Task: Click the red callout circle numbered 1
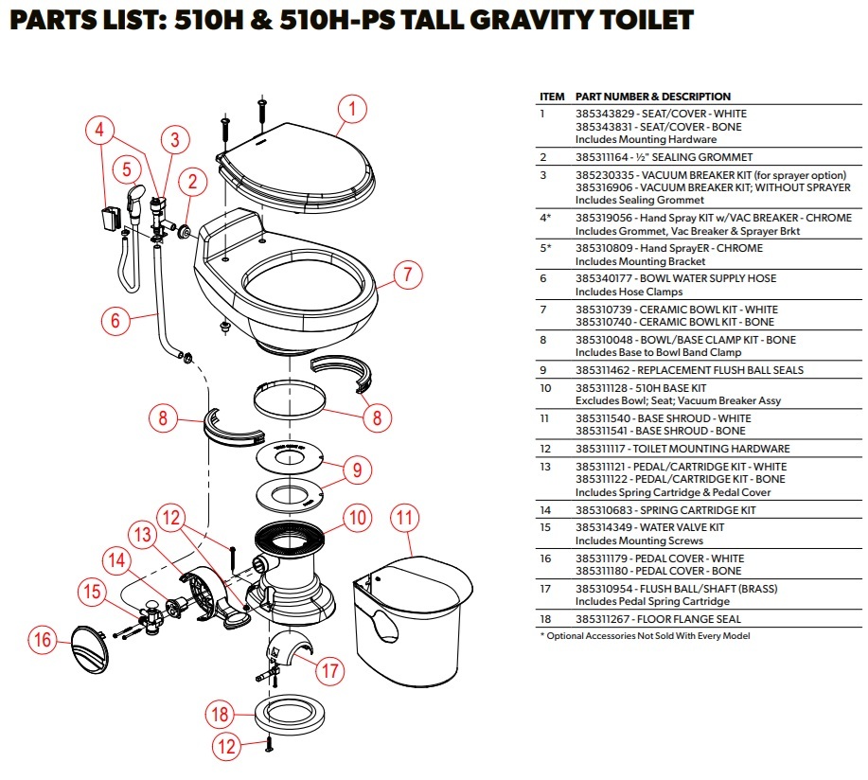(351, 110)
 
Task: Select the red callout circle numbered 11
(405, 518)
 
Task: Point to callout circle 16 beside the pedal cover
(43, 641)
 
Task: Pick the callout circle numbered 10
(356, 518)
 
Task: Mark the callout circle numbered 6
(115, 321)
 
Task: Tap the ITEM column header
(552, 97)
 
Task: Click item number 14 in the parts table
(545, 510)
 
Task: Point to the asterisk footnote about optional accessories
(644, 636)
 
